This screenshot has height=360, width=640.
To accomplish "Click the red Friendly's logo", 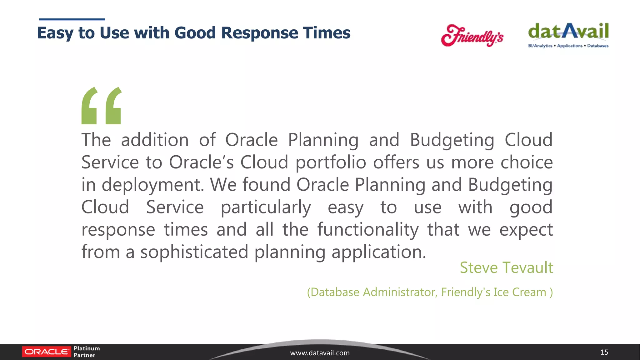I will point(472,35).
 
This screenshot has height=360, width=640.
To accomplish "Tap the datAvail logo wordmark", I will point(568,31).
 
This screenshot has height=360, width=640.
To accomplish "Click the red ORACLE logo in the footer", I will point(47,352).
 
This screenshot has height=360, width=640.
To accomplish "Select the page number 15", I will point(604,352).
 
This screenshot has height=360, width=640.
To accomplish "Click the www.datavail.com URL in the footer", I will point(320,353).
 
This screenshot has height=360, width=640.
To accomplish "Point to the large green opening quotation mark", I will point(101,106).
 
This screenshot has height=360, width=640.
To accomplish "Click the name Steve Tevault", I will point(506,268).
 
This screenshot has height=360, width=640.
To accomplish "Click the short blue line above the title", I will point(72,19).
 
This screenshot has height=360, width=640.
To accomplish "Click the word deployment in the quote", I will point(152,185).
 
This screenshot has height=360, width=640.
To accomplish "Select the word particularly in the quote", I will point(266,207).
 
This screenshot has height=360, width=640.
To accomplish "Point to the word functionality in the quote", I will point(368,230).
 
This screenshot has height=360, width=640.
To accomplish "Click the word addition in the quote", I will point(155,140).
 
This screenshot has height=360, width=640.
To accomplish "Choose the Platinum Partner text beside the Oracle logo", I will point(87,352).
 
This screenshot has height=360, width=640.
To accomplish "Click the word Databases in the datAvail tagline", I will point(597,46).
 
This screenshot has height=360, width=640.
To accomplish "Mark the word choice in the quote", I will point(527,162).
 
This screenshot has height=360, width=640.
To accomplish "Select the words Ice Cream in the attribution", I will point(520,292).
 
